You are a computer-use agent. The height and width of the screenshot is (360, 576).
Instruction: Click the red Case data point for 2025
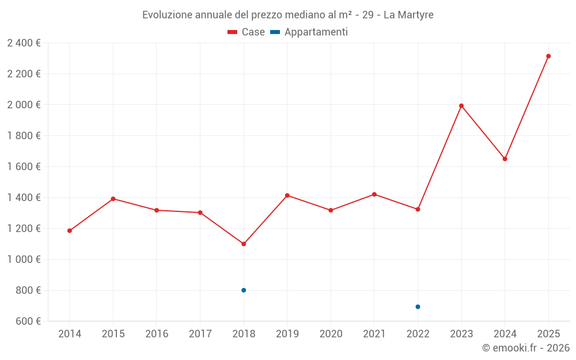pos(548,56)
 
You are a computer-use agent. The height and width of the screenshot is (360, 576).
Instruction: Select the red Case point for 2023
pos(461,106)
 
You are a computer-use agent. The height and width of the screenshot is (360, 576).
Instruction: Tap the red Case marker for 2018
pos(244,244)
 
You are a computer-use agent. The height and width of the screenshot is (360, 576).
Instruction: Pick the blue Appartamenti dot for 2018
pos(244,290)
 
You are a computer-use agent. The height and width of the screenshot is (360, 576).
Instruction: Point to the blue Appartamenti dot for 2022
pos(418,307)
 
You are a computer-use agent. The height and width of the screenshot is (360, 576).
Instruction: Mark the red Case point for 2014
pos(70,231)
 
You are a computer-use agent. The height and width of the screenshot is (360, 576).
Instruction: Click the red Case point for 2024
pos(505,159)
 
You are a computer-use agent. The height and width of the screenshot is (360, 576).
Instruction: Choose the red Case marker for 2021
pos(374,195)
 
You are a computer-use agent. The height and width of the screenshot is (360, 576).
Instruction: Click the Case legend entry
pos(247,32)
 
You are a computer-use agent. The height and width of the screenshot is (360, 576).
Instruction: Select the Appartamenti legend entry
pos(309,32)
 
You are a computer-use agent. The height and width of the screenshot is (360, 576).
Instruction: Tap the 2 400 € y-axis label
pos(24,43)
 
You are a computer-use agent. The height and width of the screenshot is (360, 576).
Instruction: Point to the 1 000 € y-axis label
pos(24,260)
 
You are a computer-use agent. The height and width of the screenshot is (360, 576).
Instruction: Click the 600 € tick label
pos(28,321)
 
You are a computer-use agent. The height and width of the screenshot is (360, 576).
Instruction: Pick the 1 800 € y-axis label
pos(24,136)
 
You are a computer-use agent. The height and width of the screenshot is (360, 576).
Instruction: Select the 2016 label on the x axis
pos(157,334)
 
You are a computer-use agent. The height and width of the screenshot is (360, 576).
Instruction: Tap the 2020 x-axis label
pos(331,334)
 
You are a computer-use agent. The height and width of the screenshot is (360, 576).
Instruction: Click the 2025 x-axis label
pos(548,334)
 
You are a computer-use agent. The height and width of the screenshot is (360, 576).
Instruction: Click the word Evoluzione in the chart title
pos(167,15)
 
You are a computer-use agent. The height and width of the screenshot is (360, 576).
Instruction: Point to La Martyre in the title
pos(408,15)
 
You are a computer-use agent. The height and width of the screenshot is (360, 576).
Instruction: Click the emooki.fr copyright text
pos(526,348)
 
